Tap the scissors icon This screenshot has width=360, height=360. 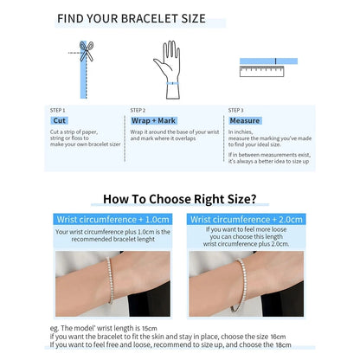point(87,51)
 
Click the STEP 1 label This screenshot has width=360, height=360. point(58,110)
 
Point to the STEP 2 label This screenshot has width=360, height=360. point(138,110)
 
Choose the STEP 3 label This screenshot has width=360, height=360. point(235,110)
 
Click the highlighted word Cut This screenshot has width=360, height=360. point(60,121)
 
